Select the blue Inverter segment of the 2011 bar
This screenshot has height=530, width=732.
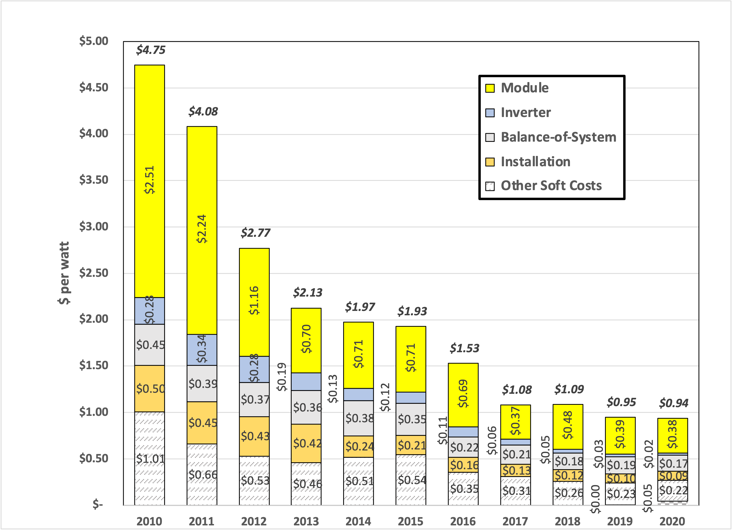click(202, 350)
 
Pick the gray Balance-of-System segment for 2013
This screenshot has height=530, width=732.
click(306, 407)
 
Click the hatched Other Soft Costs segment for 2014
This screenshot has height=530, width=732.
click(358, 481)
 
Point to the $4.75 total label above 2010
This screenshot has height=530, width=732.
click(150, 50)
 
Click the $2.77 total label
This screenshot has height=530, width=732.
click(255, 233)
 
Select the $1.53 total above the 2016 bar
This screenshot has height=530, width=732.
click(464, 348)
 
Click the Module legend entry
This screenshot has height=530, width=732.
click(525, 88)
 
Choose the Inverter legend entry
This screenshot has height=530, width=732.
click(526, 112)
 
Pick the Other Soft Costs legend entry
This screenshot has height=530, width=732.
click(551, 185)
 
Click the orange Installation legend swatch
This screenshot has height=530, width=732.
click(490, 162)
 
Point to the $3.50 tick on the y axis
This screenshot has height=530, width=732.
click(94, 180)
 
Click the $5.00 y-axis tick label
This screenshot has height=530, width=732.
click(94, 41)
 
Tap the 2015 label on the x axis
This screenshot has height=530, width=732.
click(411, 521)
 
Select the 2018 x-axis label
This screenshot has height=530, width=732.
click(567, 521)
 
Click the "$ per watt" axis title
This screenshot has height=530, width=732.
click(64, 273)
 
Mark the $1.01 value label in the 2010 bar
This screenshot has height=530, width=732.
click(150, 459)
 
